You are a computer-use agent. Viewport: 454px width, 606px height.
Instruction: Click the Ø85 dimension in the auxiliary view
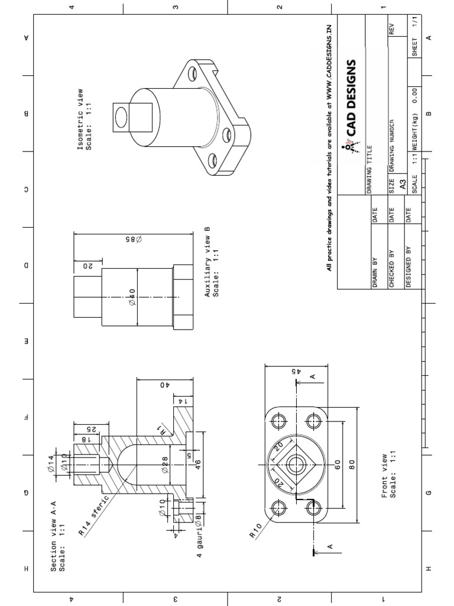[131, 239]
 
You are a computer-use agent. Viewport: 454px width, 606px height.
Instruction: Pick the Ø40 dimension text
[132, 297]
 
